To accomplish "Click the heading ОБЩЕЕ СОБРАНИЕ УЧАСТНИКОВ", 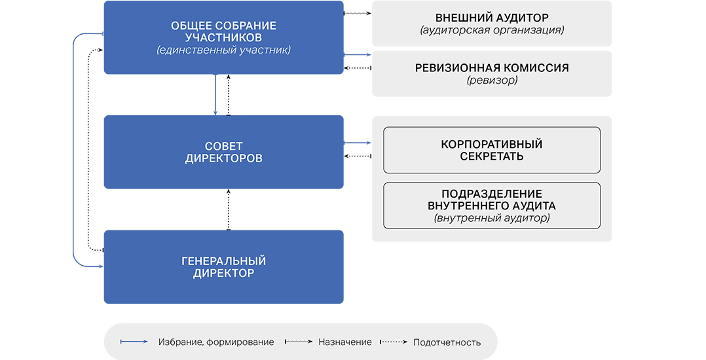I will [223, 31].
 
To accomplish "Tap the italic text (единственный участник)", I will [223, 50].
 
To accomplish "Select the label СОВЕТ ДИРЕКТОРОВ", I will [223, 152].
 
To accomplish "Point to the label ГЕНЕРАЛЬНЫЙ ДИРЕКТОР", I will [223, 267].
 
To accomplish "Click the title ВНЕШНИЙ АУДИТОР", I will [492, 18].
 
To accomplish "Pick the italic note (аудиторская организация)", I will [492, 30].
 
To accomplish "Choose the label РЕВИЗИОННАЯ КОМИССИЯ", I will [492, 68].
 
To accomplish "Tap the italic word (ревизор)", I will [492, 81].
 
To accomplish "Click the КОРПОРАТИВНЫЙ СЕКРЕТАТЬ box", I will [492, 150].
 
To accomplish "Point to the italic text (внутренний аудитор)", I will [492, 218].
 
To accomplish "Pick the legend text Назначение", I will [344, 342].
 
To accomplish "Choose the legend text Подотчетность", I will [447, 342].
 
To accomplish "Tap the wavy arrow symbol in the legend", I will [299, 342].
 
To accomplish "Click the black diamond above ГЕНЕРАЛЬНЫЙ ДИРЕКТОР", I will [228, 209].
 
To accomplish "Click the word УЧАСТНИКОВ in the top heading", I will [223, 37].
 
